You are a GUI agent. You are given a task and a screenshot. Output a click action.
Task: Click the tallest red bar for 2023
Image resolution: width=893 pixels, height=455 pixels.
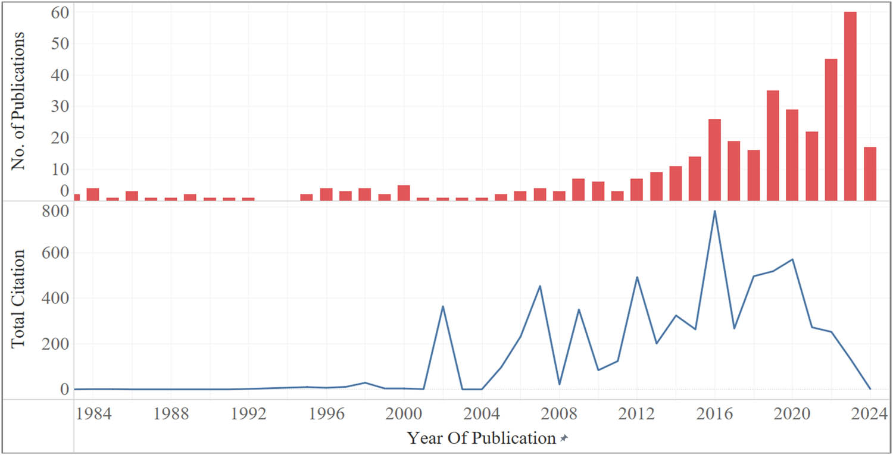(x=850, y=107)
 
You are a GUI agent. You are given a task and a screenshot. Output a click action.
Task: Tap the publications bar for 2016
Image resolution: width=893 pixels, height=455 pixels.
(x=714, y=160)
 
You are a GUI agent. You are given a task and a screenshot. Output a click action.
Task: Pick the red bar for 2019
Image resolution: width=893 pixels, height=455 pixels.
(x=773, y=146)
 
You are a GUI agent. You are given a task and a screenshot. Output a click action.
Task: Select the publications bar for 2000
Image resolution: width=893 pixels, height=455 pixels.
(x=404, y=193)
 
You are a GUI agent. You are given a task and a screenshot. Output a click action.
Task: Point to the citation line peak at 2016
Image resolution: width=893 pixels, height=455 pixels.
(x=714, y=211)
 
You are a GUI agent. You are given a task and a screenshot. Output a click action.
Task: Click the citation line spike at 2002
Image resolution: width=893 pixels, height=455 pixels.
(x=442, y=306)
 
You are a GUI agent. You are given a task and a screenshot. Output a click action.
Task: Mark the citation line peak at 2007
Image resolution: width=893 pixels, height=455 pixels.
(x=539, y=286)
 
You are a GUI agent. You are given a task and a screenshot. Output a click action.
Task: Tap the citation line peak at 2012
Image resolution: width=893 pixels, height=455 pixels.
(x=636, y=277)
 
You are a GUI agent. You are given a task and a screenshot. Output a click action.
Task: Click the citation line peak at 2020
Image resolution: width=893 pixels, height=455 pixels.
(x=792, y=259)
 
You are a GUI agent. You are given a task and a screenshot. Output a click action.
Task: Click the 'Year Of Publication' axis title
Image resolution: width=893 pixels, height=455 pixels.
(x=481, y=438)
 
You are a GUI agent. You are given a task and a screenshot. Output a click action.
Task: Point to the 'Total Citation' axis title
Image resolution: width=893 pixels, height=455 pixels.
(x=19, y=299)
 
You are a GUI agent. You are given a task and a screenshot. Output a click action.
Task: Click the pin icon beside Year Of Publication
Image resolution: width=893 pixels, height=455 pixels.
(x=564, y=439)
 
